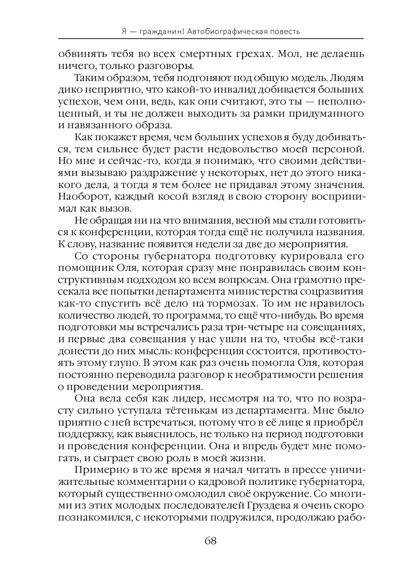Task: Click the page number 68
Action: tap(210, 541)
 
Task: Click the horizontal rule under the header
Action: tap(210, 38)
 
